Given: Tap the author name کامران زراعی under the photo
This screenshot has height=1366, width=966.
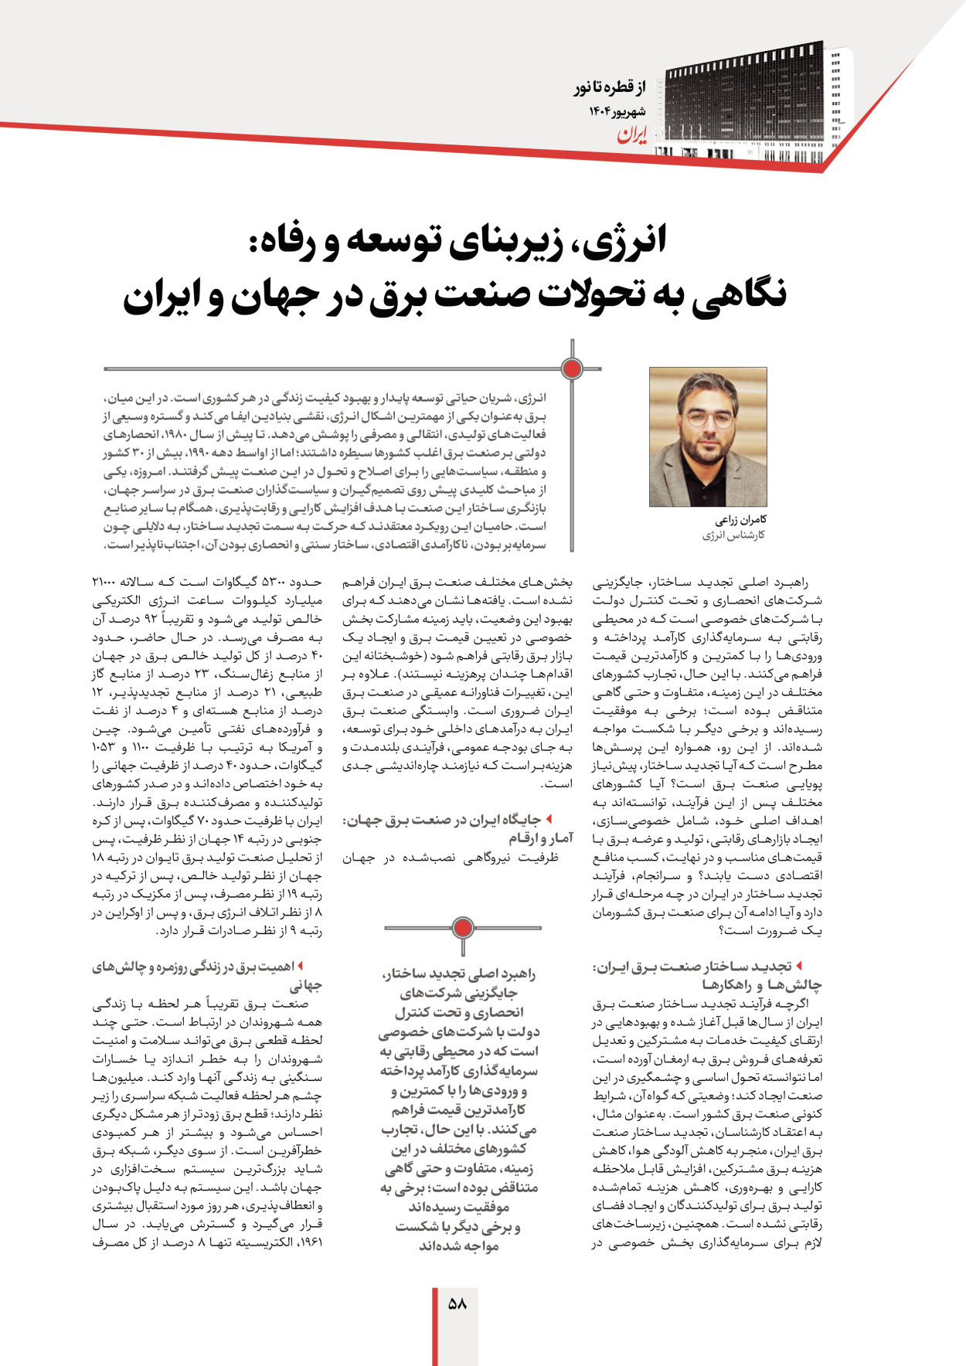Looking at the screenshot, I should [x=740, y=520].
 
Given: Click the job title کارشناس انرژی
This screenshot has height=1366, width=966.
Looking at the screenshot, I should [x=733, y=535].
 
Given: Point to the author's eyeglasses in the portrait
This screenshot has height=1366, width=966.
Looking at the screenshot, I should [x=707, y=420].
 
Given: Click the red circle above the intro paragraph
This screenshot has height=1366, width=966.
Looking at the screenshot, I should [x=572, y=369].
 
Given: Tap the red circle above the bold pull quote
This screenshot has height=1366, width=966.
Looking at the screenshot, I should [x=462, y=927].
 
